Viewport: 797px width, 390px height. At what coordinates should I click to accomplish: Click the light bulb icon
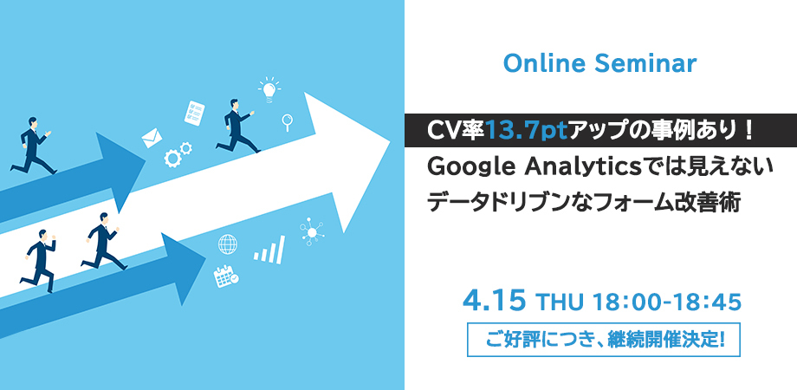[269, 90]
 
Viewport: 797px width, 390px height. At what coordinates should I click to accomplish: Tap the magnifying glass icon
[288, 122]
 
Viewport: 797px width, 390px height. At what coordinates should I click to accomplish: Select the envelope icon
[152, 138]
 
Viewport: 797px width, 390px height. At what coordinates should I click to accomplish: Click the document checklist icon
[195, 113]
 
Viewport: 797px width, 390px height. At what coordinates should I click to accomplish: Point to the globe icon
[227, 244]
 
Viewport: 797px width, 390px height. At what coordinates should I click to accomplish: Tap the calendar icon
[226, 276]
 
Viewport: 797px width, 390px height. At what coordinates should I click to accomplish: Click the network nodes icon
[311, 231]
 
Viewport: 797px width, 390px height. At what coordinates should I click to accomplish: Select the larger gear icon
[172, 159]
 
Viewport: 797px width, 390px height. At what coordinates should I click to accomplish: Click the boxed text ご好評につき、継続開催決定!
[603, 339]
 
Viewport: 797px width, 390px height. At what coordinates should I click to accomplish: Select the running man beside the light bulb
[237, 127]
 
